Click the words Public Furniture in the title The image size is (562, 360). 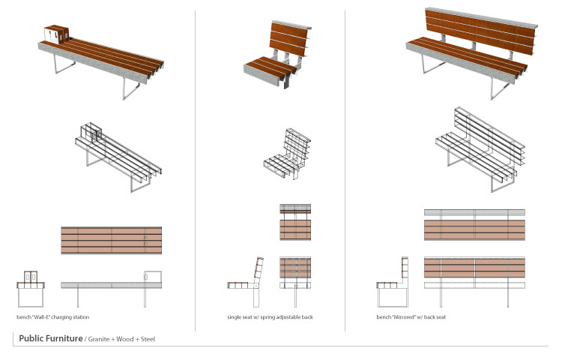tap(50, 338)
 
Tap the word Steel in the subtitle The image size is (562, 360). tap(148, 339)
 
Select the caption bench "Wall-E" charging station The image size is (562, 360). tap(52, 317)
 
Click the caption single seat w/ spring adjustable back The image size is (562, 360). tap(270, 317)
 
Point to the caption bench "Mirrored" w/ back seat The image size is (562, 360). tap(411, 317)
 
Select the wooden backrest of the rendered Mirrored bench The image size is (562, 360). tap(480, 31)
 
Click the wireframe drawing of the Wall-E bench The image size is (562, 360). tap(118, 157)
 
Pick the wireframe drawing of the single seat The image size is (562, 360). tap(287, 154)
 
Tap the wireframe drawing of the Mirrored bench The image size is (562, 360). tap(480, 148)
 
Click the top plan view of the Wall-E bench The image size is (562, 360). tap(112, 240)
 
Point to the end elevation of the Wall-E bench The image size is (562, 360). tap(31, 289)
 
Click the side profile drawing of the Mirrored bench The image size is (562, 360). tap(393, 282)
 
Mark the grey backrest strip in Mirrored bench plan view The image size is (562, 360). tap(474, 213)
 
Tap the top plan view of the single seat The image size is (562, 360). tap(295, 222)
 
